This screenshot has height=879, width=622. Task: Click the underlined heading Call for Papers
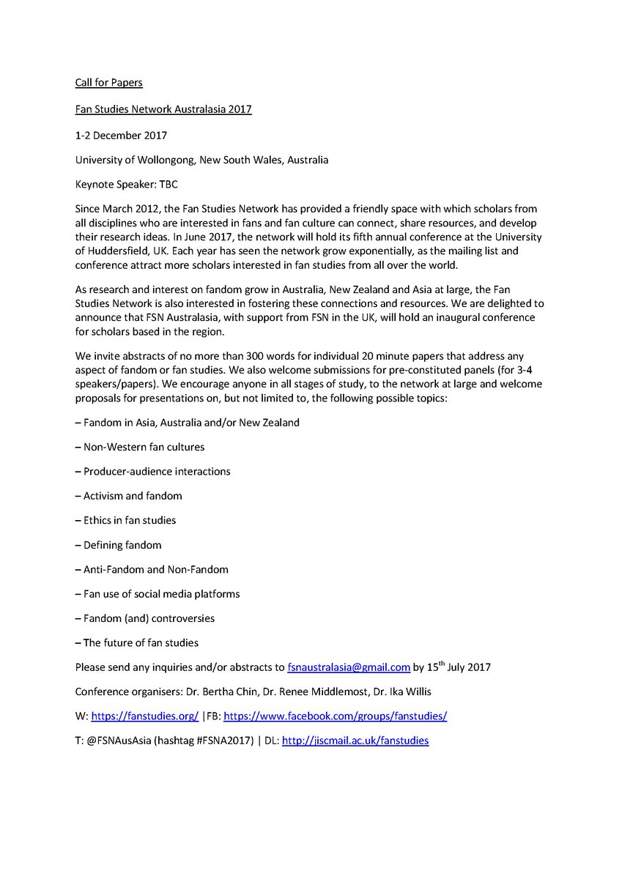pyautogui.click(x=108, y=83)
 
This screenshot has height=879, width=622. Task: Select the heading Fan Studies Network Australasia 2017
pyautogui.click(x=163, y=109)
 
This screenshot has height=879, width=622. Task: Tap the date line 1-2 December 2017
pyautogui.click(x=121, y=135)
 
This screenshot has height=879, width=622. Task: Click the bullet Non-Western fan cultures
pyautogui.click(x=140, y=447)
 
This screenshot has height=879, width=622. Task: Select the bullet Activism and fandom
pyautogui.click(x=128, y=496)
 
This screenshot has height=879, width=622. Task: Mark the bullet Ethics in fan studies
pyautogui.click(x=125, y=520)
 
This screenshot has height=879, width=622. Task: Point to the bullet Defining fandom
pyautogui.click(x=118, y=545)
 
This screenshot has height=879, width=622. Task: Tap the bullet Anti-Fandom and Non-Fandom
pyautogui.click(x=152, y=569)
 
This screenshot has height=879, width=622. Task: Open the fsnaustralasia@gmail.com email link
pyautogui.click(x=348, y=667)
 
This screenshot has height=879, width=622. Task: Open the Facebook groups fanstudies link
pyautogui.click(x=335, y=716)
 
